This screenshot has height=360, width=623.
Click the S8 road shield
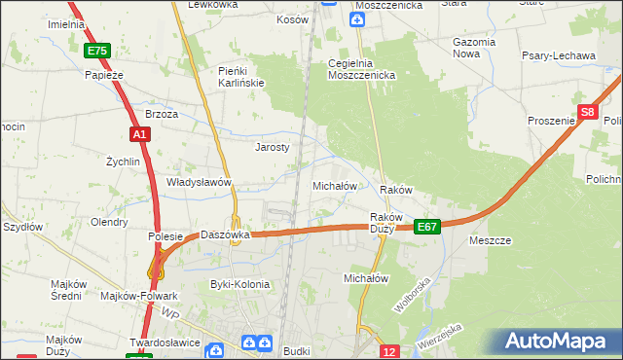tap(587, 113)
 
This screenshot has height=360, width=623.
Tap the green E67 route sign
tap(427, 227)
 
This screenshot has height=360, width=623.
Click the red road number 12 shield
tap(389, 351)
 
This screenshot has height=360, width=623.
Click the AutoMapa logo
tap(556, 342)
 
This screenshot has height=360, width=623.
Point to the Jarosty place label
tap(273, 148)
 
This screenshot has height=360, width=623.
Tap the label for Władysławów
tap(199, 182)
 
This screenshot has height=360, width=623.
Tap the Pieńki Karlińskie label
tap(241, 77)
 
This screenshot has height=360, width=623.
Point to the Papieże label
tap(104, 74)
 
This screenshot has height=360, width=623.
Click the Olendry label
tap(109, 222)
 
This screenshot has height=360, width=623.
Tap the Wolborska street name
tap(412, 294)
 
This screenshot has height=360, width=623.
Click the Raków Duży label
tap(387, 223)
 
